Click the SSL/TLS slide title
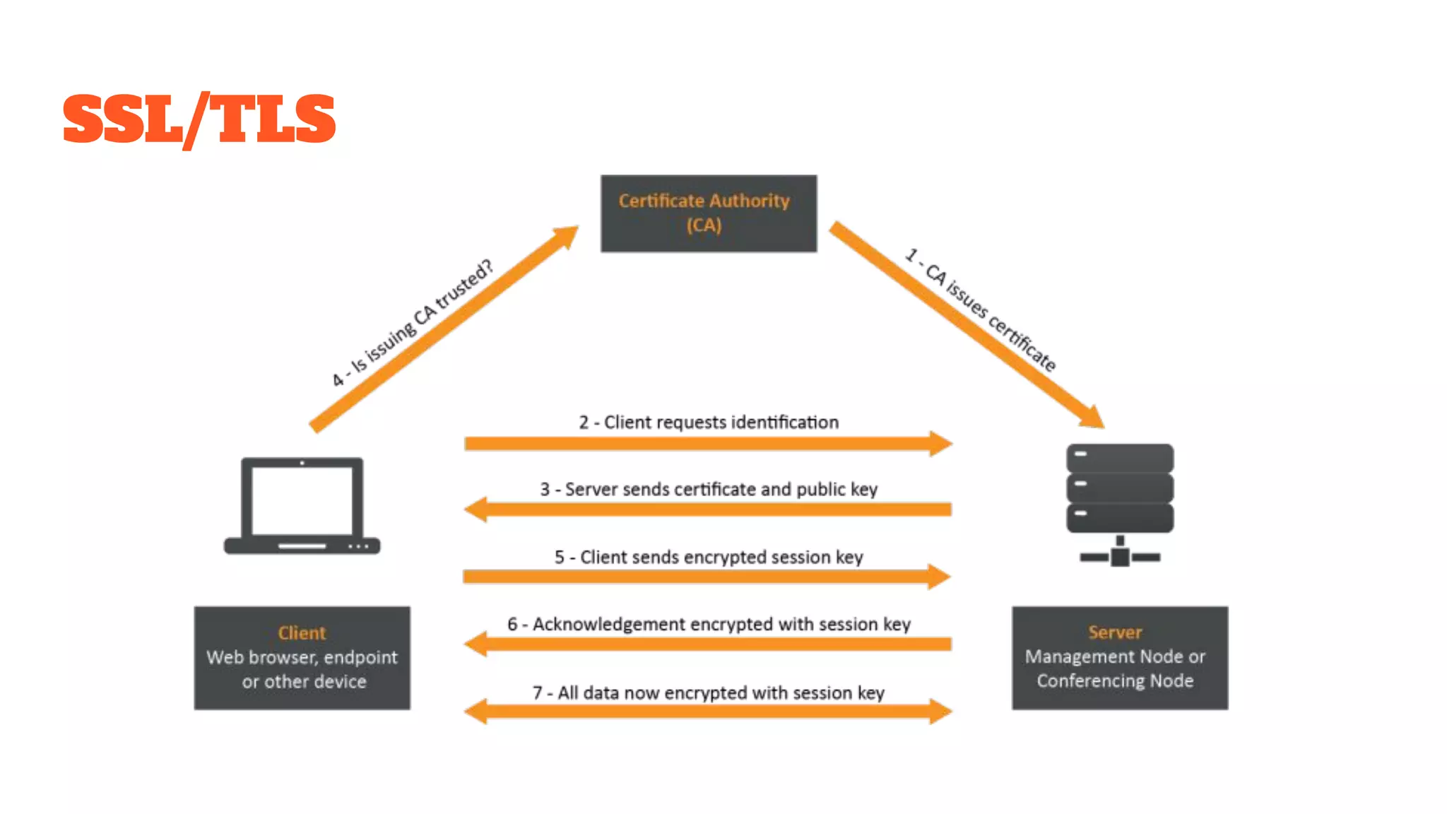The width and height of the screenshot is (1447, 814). pos(199,119)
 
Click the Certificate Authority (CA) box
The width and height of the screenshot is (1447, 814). pos(708,213)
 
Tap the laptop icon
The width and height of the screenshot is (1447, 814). pos(302,506)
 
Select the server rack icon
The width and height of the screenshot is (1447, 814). pos(1120,503)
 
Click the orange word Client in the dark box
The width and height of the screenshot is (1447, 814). pos(302,633)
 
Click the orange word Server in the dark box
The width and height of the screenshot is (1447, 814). pos(1115,632)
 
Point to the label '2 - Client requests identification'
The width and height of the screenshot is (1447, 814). pos(709,423)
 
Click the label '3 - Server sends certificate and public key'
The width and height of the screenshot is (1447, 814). pos(709,490)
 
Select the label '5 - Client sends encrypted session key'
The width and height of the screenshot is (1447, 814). pos(709,558)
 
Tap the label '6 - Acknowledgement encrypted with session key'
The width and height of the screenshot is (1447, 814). pos(709,625)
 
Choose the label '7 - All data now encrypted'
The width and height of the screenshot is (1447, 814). pos(709,693)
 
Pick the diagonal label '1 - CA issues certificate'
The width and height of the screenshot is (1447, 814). pos(981,310)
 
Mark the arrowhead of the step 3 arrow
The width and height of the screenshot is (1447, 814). pos(476,509)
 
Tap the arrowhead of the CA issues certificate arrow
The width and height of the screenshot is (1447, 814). pos(1092,418)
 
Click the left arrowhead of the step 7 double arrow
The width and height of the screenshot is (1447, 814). pos(476,711)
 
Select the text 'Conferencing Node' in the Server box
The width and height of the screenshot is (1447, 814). pos(1115,681)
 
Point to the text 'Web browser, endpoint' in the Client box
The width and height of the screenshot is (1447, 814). pos(302,658)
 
